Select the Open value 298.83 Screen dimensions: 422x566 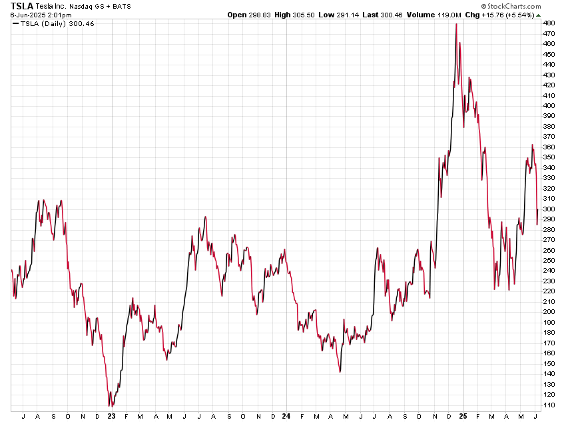[x=265, y=15]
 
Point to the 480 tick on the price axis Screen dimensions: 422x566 [x=549, y=23]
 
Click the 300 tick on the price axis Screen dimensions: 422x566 [x=549, y=209]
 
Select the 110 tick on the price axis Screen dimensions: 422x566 [x=549, y=405]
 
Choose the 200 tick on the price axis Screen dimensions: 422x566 [x=549, y=312]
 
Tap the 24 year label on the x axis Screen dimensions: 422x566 [x=285, y=416]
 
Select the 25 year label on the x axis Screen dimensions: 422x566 [x=464, y=416]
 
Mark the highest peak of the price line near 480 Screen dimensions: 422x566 [x=456, y=24]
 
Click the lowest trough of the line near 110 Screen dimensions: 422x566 [x=110, y=405]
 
